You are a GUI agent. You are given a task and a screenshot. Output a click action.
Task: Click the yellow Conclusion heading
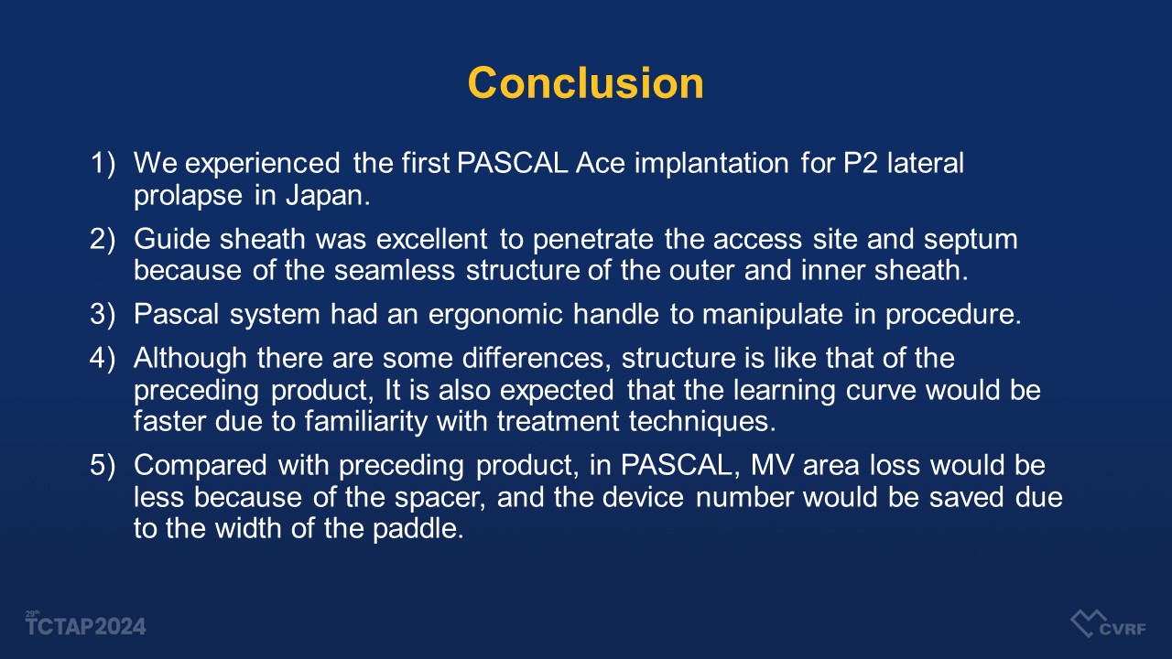[x=585, y=83]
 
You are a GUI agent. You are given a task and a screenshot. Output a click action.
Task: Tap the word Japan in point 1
[x=328, y=196]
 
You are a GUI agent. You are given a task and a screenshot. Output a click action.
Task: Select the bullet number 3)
[x=103, y=314]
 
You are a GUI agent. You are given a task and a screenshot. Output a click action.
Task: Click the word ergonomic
[x=495, y=315]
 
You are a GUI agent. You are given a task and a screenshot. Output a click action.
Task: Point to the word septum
[x=971, y=240]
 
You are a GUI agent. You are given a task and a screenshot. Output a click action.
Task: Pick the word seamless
[x=395, y=270]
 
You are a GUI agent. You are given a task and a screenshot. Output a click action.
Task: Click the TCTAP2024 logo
[x=86, y=624]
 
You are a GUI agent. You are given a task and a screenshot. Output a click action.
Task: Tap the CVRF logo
[x=1108, y=624]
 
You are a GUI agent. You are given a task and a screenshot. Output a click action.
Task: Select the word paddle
[x=418, y=528]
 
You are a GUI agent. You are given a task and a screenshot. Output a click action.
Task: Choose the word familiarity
[x=365, y=422]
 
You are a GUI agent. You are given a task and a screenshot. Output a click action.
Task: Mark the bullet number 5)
[x=103, y=465]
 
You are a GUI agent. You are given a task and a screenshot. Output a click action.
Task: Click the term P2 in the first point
[x=861, y=163]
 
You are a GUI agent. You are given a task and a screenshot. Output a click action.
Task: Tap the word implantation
[x=711, y=164]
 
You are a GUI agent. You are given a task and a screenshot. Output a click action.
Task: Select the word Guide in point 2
[x=171, y=239]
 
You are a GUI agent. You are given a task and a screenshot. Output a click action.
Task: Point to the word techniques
[x=702, y=422]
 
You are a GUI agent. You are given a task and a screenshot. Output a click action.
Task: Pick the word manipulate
[x=772, y=315]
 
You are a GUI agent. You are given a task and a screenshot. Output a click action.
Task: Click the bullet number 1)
[x=103, y=163]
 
